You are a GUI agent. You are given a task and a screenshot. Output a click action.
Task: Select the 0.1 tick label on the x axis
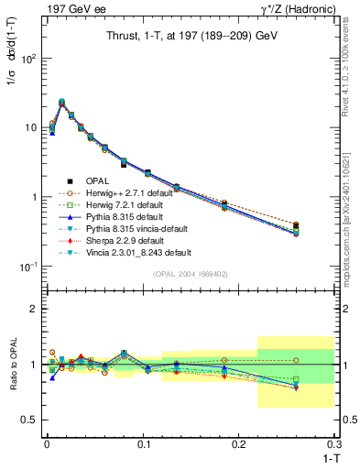click(143, 444)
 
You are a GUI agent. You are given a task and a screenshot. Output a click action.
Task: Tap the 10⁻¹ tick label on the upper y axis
click(26, 267)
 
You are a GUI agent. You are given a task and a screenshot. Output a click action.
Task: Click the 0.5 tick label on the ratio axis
click(27, 420)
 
